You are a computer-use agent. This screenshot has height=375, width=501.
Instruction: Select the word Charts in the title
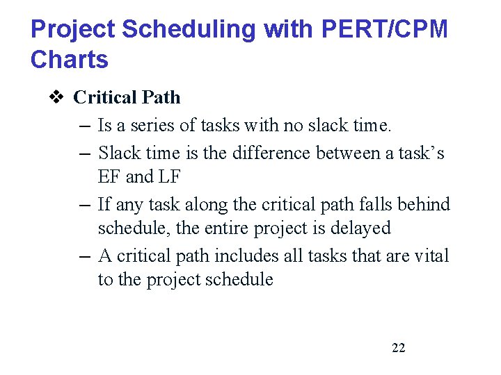pyautogui.click(x=70, y=60)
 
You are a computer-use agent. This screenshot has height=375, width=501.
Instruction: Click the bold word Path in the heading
pyautogui.click(x=161, y=97)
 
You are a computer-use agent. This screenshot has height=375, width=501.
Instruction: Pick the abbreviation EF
pyautogui.click(x=109, y=177)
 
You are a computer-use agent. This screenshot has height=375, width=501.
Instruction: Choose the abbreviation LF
pyautogui.click(x=169, y=177)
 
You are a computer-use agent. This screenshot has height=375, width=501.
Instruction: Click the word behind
pyautogui.click(x=424, y=204)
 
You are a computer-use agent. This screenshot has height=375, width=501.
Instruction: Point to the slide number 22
pyautogui.click(x=398, y=348)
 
